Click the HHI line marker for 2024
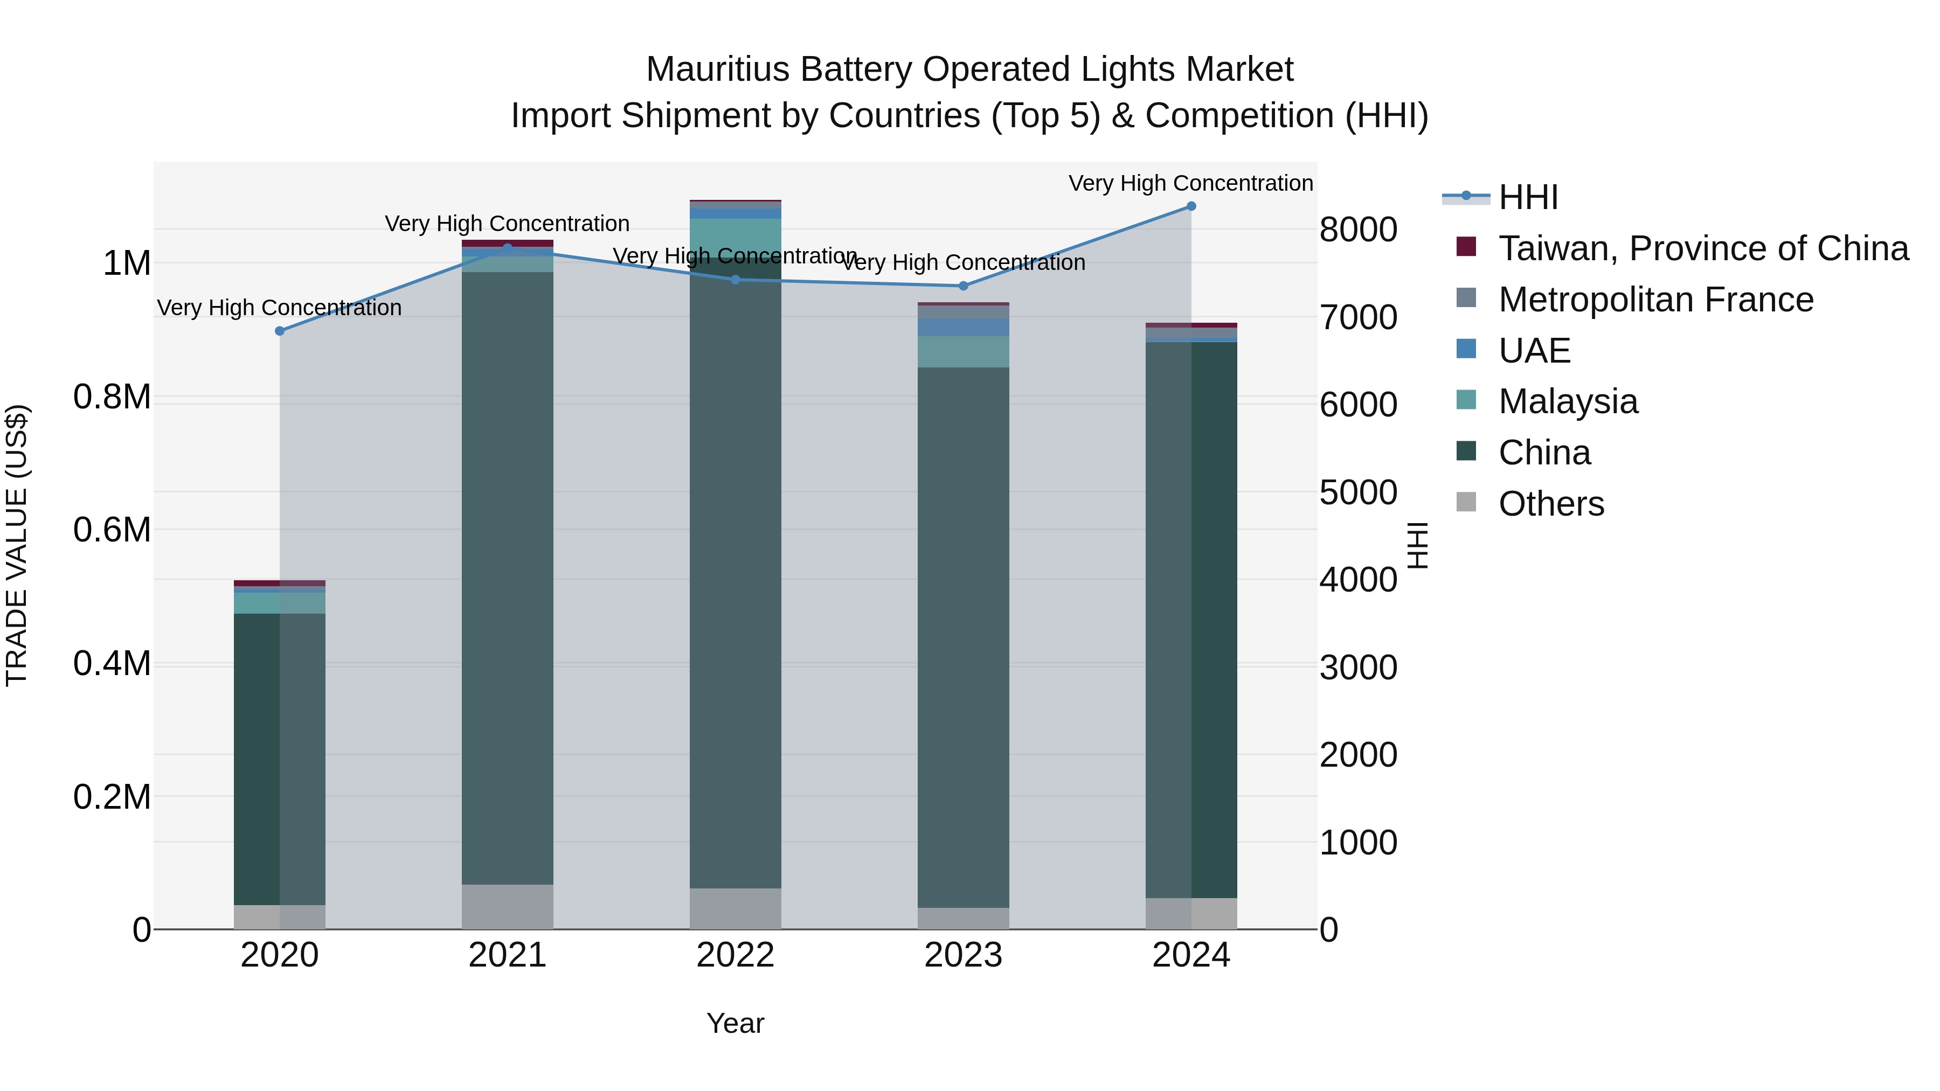[1190, 206]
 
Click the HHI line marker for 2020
[279, 331]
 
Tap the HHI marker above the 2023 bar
[962, 286]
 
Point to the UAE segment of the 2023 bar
[962, 327]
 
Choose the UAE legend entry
[1534, 350]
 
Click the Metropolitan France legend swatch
[1466, 298]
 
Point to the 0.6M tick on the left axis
[112, 529]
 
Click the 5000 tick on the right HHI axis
[1358, 492]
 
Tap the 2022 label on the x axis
[735, 955]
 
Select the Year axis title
[735, 1023]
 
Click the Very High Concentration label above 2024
[1190, 183]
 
